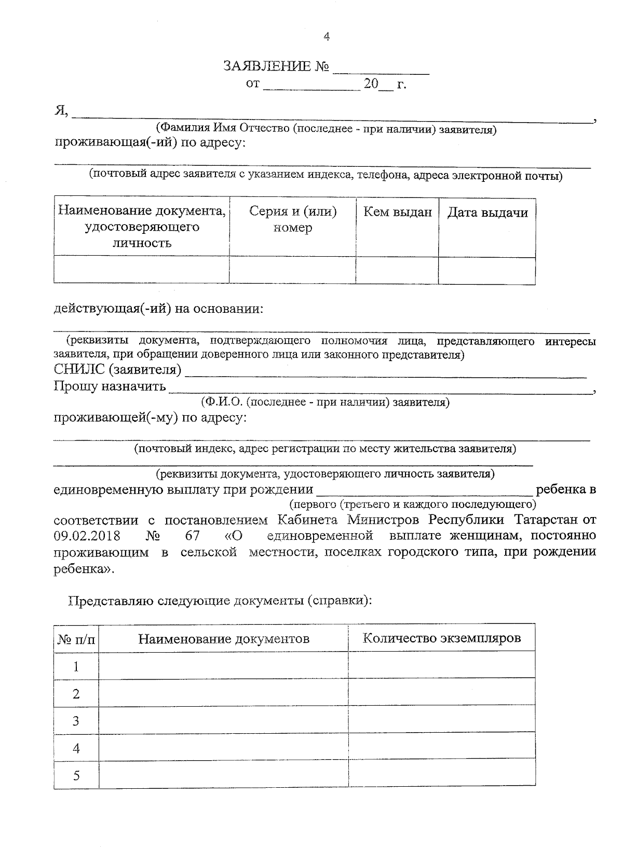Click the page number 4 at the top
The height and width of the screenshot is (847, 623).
point(326,36)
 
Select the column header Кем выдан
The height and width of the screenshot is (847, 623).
point(397,212)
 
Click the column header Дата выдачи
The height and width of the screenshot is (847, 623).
point(487,213)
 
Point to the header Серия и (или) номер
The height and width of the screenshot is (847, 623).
point(293,219)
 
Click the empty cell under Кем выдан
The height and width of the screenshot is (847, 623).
point(397,270)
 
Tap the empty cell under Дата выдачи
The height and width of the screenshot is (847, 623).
point(487,270)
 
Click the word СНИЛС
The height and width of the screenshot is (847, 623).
point(79,369)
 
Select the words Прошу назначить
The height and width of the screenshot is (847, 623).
point(110,386)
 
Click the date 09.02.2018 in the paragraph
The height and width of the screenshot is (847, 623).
point(87,536)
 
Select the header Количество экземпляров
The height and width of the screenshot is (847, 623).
point(441,638)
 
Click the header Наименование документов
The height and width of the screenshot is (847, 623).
point(224,639)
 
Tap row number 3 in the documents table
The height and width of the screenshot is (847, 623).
point(76,721)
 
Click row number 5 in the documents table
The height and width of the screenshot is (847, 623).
point(76,776)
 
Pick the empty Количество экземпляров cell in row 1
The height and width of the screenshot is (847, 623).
point(441,666)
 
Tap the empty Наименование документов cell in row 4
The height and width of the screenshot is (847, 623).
point(224,748)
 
